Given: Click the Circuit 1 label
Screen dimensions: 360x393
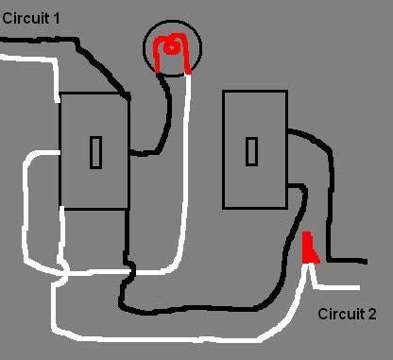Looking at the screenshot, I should pos(31,17).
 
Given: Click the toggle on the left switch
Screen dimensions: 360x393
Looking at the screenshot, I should pos(95,152).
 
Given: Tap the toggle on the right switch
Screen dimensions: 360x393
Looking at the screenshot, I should pos(253,150).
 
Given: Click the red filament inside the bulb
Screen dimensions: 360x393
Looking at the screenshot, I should pos(173,48).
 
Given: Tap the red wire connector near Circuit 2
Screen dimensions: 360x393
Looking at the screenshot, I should pos(309,249).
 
